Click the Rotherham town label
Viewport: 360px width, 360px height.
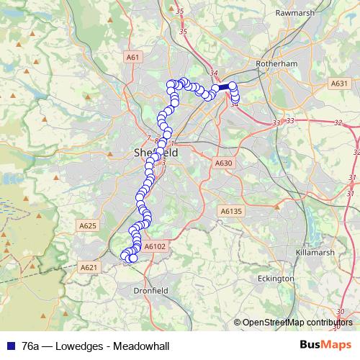[x=277, y=63]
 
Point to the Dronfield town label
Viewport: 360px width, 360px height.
[x=151, y=291]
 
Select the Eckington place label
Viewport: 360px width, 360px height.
[x=276, y=278]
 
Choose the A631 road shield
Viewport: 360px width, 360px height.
[x=340, y=84]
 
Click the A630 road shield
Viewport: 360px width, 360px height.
[x=223, y=163]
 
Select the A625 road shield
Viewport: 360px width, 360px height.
[x=87, y=226]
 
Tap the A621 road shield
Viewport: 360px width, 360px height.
[x=89, y=267]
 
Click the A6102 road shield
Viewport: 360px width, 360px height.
[x=155, y=246]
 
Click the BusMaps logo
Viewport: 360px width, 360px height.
[x=325, y=346]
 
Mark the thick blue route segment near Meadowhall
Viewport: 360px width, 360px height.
[x=224, y=87]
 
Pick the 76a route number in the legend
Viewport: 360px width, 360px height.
[x=30, y=346]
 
